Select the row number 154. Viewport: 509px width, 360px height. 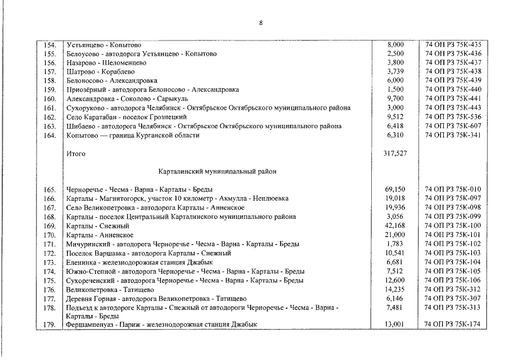pyautogui.click(x=49, y=44)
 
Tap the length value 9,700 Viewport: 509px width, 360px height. pyautogui.click(x=396, y=98)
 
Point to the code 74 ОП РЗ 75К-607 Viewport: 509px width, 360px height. pyautogui.click(x=453, y=126)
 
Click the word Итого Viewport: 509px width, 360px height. pyautogui.click(x=75, y=153)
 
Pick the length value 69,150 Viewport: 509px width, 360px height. pyautogui.click(x=396, y=190)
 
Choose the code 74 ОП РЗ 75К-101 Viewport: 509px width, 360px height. pyautogui.click(x=453, y=235)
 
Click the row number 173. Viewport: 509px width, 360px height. pyautogui.click(x=49, y=262)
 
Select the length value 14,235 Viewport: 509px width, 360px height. pyautogui.click(x=396, y=289)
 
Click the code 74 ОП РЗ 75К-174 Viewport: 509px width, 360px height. pyautogui.click(x=453, y=325)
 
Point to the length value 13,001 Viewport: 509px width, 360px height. pyautogui.click(x=396, y=325)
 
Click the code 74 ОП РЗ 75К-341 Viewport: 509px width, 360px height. pyautogui.click(x=453, y=135)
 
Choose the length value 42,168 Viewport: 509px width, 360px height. pyautogui.click(x=396, y=226)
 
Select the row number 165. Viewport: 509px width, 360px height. pyautogui.click(x=49, y=190)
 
